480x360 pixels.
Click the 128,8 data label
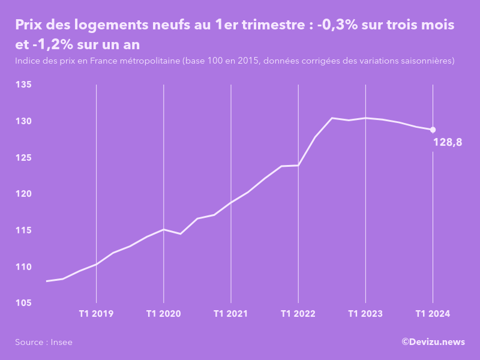coord(447,142)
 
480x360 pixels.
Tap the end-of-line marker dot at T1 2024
coord(433,130)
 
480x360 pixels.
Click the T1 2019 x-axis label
coord(96,314)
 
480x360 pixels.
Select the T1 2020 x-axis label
coord(163,314)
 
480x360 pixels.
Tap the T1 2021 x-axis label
coord(230,314)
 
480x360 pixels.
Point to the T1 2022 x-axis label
coord(298,314)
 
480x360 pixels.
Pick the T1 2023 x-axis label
coord(365,314)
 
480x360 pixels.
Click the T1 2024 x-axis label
coord(433,314)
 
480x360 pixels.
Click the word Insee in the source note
coord(62,342)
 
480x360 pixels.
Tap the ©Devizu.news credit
coord(433,341)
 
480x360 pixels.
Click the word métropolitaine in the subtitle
coord(150,61)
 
